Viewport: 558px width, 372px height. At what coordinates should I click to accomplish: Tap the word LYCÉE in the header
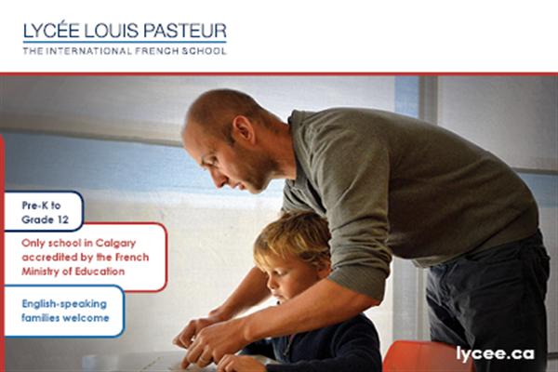tap(52, 31)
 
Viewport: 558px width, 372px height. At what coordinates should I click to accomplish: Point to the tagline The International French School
tap(124, 50)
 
